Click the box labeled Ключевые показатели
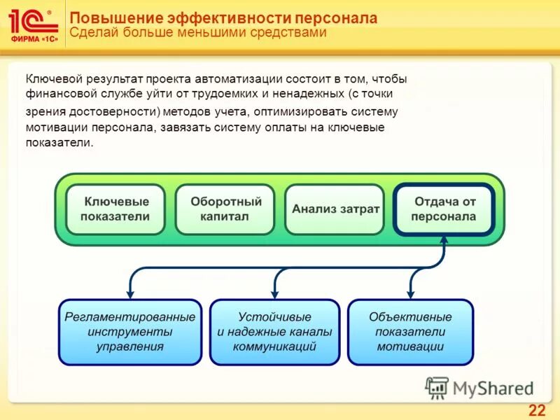tap(115, 209)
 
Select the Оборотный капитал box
tap(225, 209)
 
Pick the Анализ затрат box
tap(335, 209)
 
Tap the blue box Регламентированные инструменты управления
tap(129, 332)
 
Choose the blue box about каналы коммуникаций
tap(274, 332)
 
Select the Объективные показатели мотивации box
tap(410, 332)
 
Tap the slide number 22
tap(536, 409)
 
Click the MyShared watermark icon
tap(437, 387)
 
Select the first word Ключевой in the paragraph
tap(50, 79)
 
